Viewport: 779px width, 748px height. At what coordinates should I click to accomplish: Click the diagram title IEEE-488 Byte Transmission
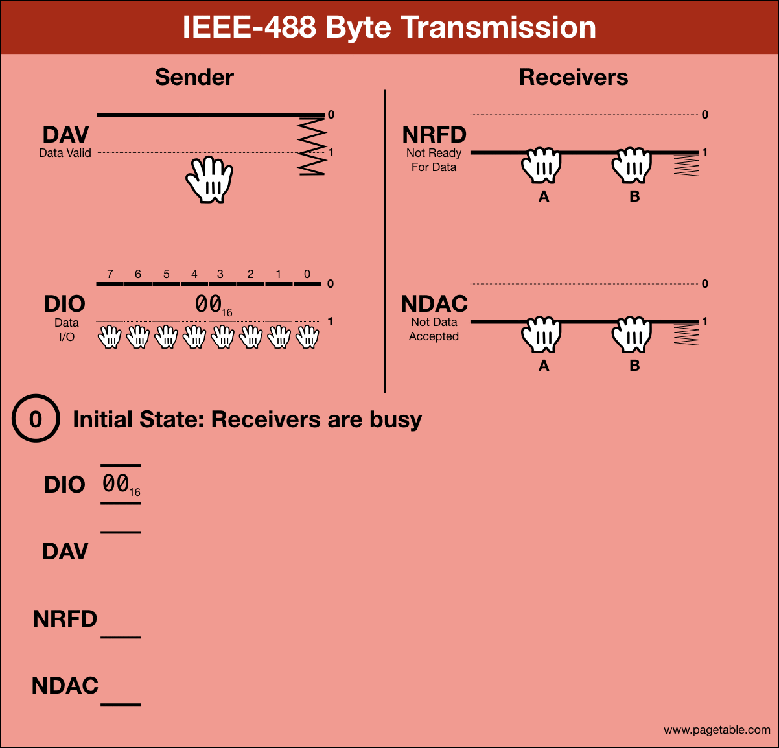[389, 27]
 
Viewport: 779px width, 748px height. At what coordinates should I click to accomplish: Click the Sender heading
[194, 77]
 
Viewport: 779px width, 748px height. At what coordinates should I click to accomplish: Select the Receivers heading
[574, 77]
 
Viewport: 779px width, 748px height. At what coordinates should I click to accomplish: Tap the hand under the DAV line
[209, 180]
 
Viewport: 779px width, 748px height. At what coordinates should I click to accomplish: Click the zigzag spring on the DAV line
[312, 146]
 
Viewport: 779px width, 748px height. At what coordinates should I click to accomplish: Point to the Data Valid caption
[65, 154]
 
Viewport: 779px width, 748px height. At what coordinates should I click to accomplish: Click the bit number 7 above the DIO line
[110, 274]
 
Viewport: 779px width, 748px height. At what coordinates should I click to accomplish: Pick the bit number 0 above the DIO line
[307, 274]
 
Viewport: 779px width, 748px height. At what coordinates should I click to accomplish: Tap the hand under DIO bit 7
[110, 337]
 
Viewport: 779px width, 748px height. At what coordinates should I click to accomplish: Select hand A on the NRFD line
[541, 166]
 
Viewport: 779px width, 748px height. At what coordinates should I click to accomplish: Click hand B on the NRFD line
[632, 166]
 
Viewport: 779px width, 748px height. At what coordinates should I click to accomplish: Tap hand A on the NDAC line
[541, 335]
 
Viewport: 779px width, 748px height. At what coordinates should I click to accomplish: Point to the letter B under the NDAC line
[634, 366]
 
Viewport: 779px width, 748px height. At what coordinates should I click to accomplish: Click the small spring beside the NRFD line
[686, 167]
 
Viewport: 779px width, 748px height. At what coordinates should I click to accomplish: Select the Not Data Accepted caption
[434, 329]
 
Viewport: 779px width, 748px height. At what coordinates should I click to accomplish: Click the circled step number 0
[36, 419]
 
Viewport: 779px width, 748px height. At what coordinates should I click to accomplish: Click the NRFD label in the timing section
[65, 619]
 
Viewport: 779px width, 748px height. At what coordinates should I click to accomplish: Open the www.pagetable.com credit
[717, 730]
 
